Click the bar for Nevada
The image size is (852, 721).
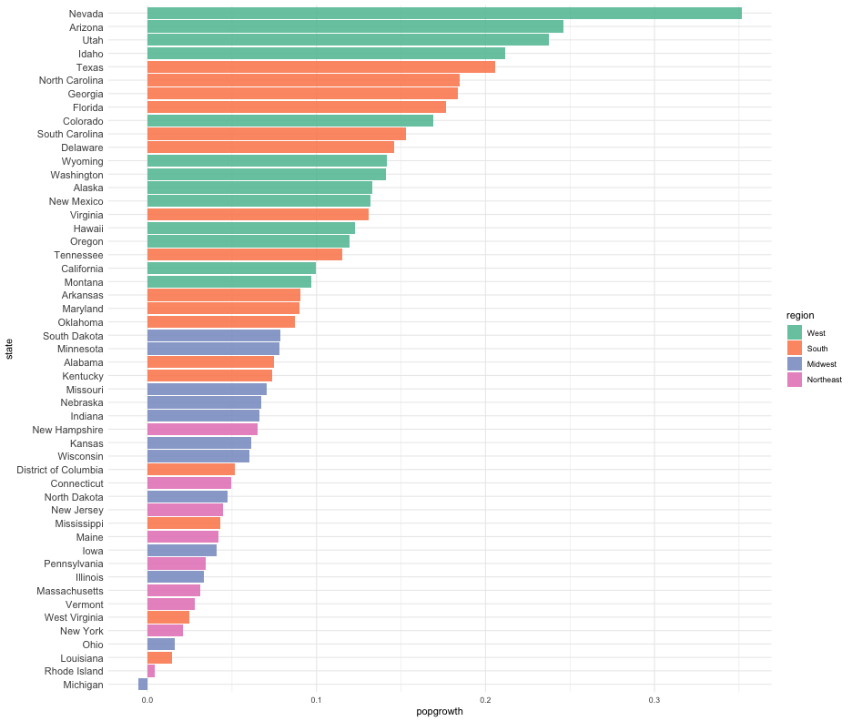(x=444, y=14)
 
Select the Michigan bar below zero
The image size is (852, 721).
(x=143, y=685)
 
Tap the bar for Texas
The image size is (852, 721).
(x=320, y=67)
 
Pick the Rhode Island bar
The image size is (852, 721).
(x=151, y=671)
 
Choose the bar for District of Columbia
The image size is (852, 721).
(x=191, y=470)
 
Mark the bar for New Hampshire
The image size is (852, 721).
(x=202, y=430)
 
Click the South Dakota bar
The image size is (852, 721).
(x=214, y=336)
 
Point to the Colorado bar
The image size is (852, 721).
(x=289, y=121)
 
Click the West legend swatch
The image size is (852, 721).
(x=795, y=333)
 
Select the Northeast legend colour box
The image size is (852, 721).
(x=795, y=380)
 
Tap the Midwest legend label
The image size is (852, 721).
(x=822, y=364)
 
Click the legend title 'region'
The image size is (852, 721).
(x=800, y=315)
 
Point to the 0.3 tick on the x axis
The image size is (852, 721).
(x=654, y=699)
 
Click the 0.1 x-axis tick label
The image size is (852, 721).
(x=316, y=699)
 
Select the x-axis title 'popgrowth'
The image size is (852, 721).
(x=440, y=712)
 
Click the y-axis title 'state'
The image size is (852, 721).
(x=8, y=350)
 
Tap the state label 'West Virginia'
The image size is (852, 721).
(x=74, y=617)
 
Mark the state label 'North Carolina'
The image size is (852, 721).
(x=71, y=80)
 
